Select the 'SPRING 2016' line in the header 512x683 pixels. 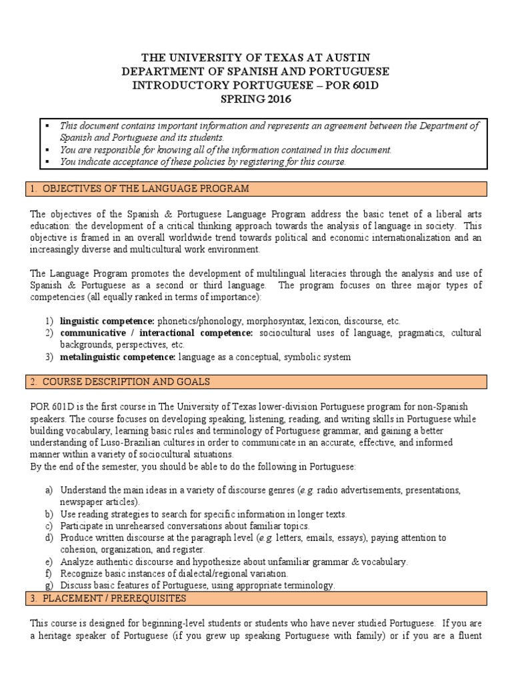[x=256, y=99]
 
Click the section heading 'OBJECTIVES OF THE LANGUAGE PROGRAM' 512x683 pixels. [x=145, y=189]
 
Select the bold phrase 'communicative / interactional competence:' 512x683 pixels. [x=156, y=333]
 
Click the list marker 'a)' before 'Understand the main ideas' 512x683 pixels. [x=49, y=490]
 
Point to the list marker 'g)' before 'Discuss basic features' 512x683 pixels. [x=49, y=586]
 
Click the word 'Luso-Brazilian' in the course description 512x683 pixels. [x=130, y=442]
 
